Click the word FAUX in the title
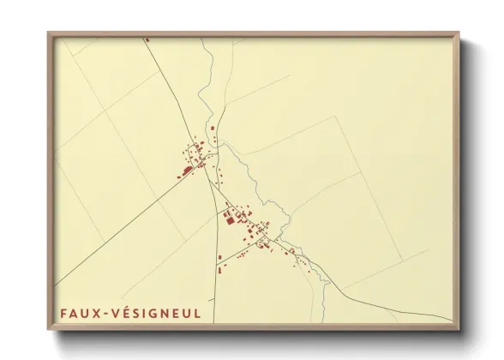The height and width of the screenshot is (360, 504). (78, 313)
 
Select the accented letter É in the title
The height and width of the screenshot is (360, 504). (123, 312)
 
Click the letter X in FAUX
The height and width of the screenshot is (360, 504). (95, 313)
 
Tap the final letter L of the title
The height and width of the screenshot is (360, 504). (197, 313)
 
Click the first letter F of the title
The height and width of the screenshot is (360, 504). (63, 313)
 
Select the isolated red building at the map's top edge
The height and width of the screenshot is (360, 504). (147, 39)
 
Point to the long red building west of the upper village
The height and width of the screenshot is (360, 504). (186, 171)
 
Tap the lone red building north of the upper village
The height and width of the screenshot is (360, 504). (213, 129)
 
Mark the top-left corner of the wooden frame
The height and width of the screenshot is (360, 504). (48, 33)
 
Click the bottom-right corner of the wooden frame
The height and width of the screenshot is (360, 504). (459, 330)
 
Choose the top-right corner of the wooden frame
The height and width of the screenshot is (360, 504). (459, 33)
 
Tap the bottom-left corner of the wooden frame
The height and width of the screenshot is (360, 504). (48, 330)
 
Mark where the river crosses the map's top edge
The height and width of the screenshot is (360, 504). (202, 39)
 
